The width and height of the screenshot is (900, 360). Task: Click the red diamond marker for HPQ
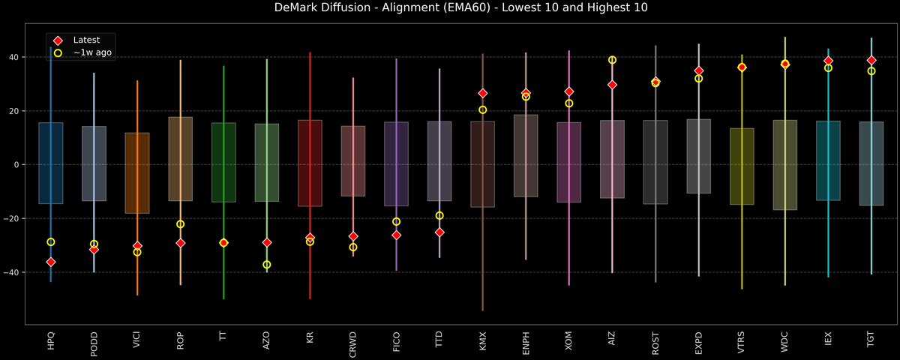click(50, 262)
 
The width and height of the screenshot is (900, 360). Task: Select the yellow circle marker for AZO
click(267, 265)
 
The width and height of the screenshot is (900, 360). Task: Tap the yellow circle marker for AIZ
click(612, 60)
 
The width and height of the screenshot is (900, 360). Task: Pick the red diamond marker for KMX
click(482, 93)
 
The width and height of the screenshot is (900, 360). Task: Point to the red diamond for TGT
click(871, 60)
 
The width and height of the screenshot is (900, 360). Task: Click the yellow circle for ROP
click(180, 224)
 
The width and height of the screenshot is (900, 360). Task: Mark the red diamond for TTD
click(439, 232)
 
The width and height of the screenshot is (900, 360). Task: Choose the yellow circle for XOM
click(569, 103)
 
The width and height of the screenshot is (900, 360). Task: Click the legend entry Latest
click(85, 40)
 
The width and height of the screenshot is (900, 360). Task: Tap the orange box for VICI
click(136, 172)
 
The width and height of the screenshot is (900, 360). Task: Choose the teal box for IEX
click(828, 160)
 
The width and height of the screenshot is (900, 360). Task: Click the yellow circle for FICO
click(396, 221)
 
